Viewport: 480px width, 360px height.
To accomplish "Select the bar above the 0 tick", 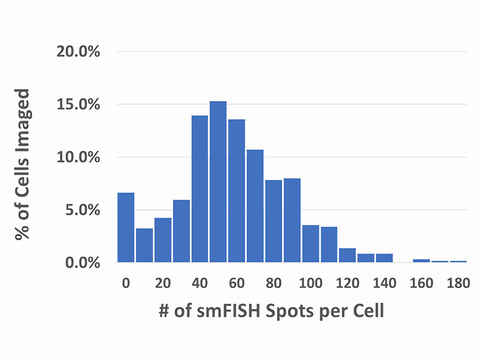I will tap(125, 228).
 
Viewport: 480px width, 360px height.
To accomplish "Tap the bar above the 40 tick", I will tap(200, 189).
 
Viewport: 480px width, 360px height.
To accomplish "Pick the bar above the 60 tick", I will tap(236, 191).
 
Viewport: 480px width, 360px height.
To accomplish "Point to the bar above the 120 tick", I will tap(347, 255).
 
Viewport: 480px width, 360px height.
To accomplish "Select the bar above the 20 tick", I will tap(163, 240).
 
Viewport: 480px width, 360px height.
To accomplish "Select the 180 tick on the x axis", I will tap(457, 283).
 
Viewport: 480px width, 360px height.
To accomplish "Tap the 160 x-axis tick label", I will tap(421, 283).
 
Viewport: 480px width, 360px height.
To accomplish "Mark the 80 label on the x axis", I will tap(273, 283).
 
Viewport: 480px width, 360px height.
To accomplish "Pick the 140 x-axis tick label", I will tap(384, 283).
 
